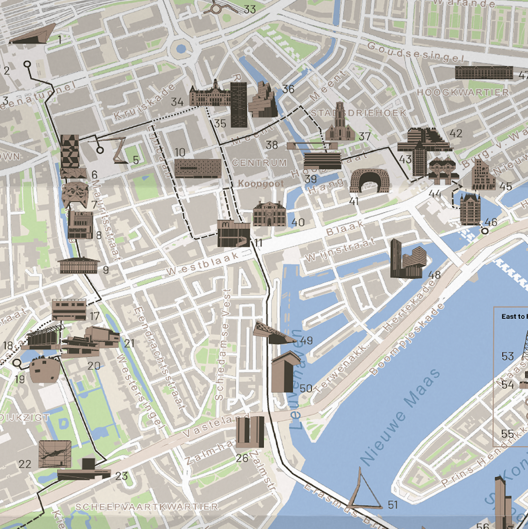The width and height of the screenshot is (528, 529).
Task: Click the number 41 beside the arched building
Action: tap(354, 201)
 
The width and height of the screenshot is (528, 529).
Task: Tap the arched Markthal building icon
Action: tap(369, 180)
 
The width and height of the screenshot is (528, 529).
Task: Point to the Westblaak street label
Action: tap(203, 264)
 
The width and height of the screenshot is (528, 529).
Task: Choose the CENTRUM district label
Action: tap(259, 163)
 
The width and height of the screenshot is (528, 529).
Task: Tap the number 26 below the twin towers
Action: tap(242, 458)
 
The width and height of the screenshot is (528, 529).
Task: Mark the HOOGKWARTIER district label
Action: tap(463, 92)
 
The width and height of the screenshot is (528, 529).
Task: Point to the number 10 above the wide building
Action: tap(180, 152)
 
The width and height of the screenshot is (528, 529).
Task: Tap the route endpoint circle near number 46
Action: tap(485, 231)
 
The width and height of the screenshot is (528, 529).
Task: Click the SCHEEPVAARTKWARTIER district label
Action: tap(147, 507)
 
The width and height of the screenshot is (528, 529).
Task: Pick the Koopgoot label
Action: tap(261, 184)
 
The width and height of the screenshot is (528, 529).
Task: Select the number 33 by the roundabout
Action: tap(250, 9)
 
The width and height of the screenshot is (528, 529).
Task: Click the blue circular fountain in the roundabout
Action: tap(181, 49)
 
